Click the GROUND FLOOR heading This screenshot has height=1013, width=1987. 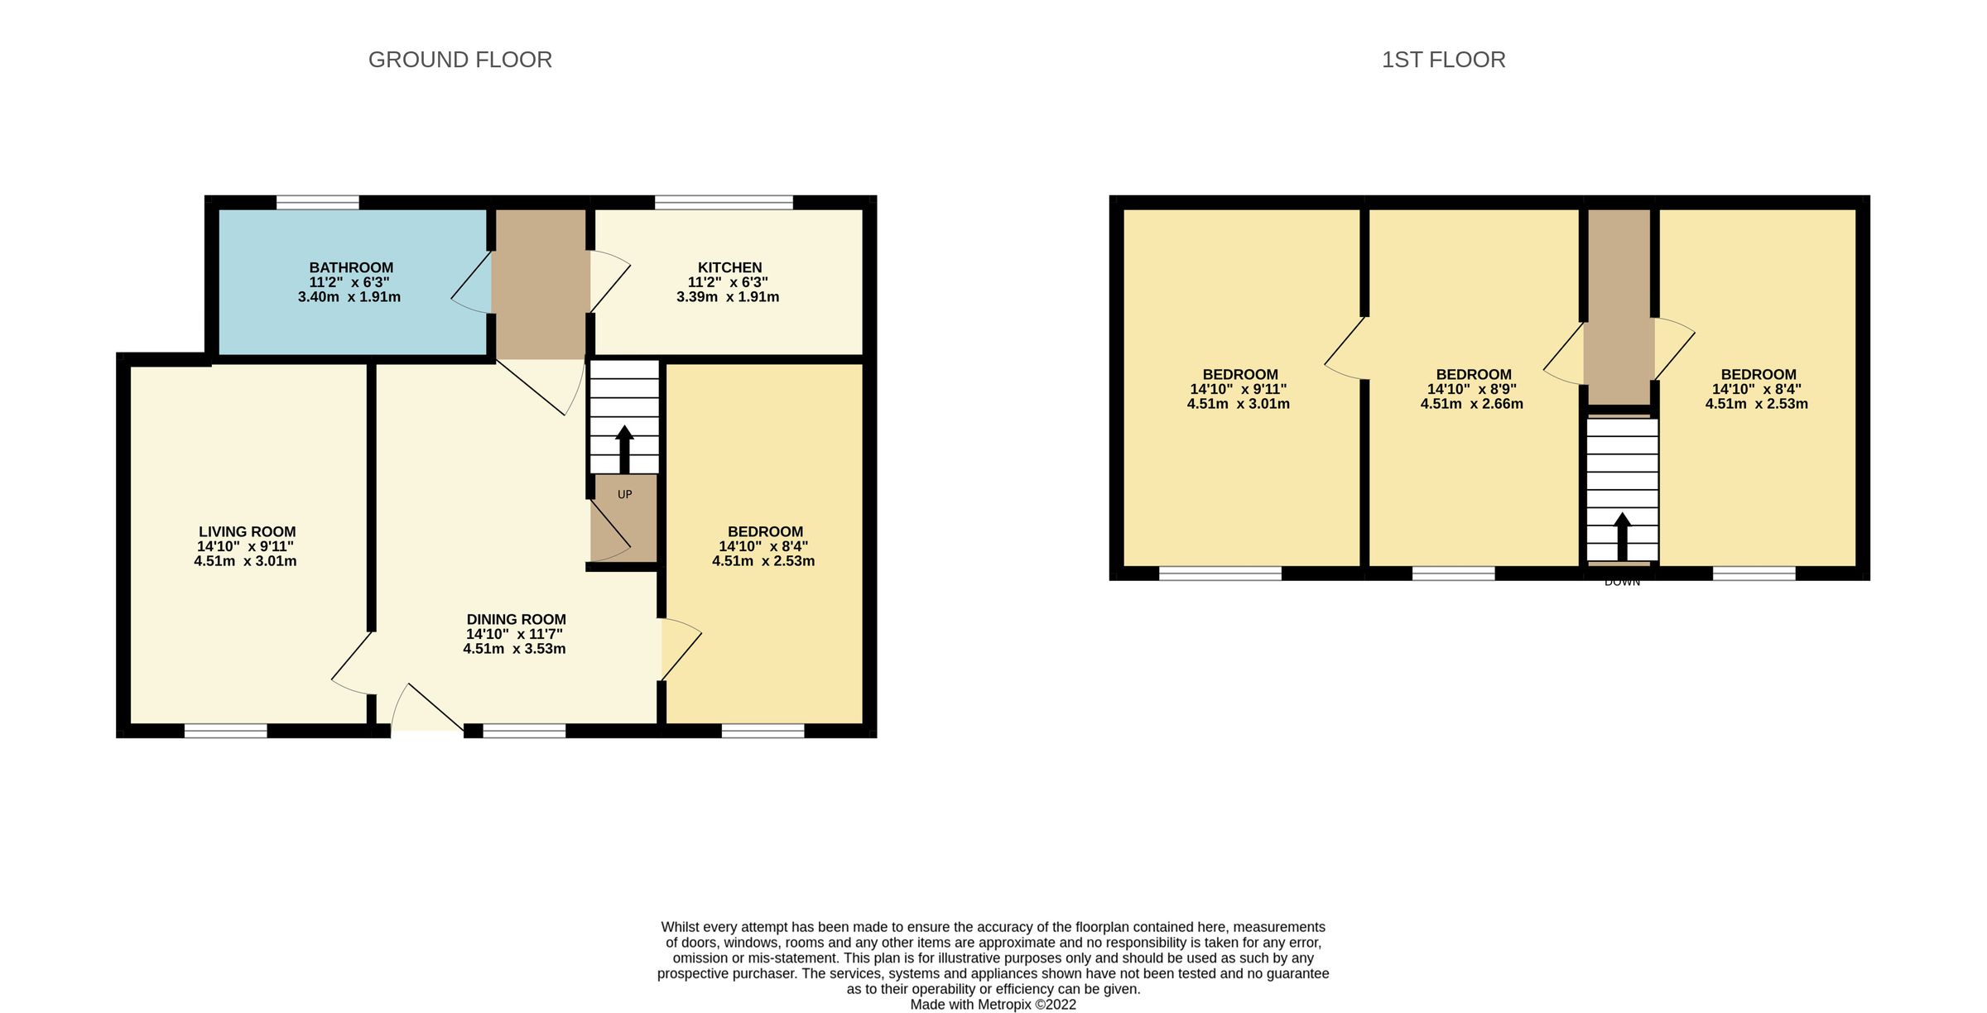(x=459, y=60)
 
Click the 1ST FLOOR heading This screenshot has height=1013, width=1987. (x=1443, y=60)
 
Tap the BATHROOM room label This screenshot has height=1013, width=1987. (x=351, y=267)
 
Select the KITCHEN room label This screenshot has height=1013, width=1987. (x=729, y=267)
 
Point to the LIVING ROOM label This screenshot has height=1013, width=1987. (x=247, y=532)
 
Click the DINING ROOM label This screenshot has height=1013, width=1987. (x=516, y=619)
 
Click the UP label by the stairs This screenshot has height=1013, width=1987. (x=624, y=494)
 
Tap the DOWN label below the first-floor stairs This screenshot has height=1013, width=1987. (x=1622, y=583)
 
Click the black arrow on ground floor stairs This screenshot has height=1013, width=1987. (x=624, y=449)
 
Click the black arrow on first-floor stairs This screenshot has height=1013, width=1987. (x=1622, y=536)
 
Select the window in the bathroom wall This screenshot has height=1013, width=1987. (x=317, y=202)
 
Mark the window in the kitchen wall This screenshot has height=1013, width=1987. (x=724, y=202)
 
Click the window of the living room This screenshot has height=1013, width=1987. (x=225, y=731)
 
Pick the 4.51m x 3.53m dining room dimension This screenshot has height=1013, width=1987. (x=514, y=649)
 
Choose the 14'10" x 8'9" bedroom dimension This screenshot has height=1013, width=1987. (x=1471, y=389)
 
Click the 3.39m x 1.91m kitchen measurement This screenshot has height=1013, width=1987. (x=727, y=297)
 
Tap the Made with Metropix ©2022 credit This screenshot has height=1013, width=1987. (x=993, y=1004)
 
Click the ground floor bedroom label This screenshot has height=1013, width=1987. (x=765, y=532)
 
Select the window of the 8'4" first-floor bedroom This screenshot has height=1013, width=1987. (x=1754, y=574)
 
